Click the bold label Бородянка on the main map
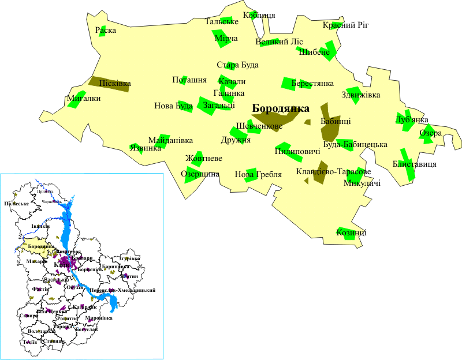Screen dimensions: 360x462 point(281,108)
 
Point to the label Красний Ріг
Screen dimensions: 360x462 point(345,25)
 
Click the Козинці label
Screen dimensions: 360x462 point(351,233)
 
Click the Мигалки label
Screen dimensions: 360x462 point(84,98)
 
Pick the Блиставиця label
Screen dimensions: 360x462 point(414,164)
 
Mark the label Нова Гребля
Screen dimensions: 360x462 point(258,174)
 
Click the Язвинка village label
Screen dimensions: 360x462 point(146,148)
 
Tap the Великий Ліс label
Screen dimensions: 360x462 point(279,42)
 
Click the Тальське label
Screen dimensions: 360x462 point(222,21)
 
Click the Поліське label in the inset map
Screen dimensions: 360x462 point(16,204)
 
